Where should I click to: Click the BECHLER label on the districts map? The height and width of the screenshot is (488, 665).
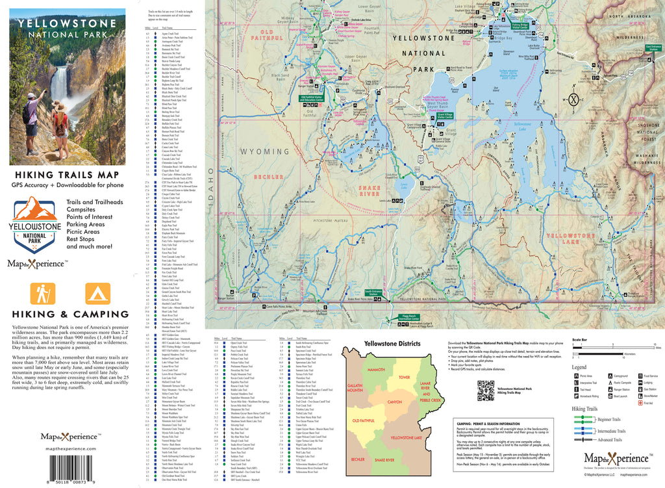(358, 460)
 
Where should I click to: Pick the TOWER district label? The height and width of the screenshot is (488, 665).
(405, 377)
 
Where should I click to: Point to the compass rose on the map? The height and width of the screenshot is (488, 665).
(573, 99)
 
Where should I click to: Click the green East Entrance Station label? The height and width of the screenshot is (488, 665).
(654, 47)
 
